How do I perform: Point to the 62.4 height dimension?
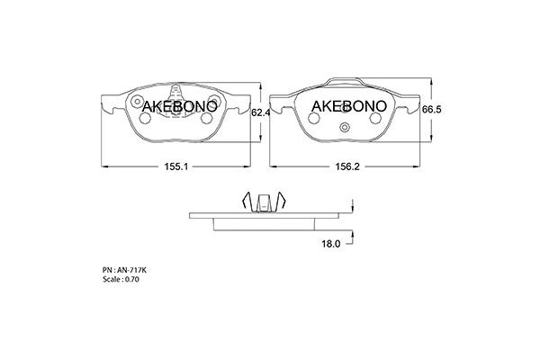coord(261,112)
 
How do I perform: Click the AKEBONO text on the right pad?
coord(348,105)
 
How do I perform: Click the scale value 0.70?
coord(132,280)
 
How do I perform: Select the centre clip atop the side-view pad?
coord(265,204)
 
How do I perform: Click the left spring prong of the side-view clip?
coord(246,202)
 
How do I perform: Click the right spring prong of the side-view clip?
coord(283,202)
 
